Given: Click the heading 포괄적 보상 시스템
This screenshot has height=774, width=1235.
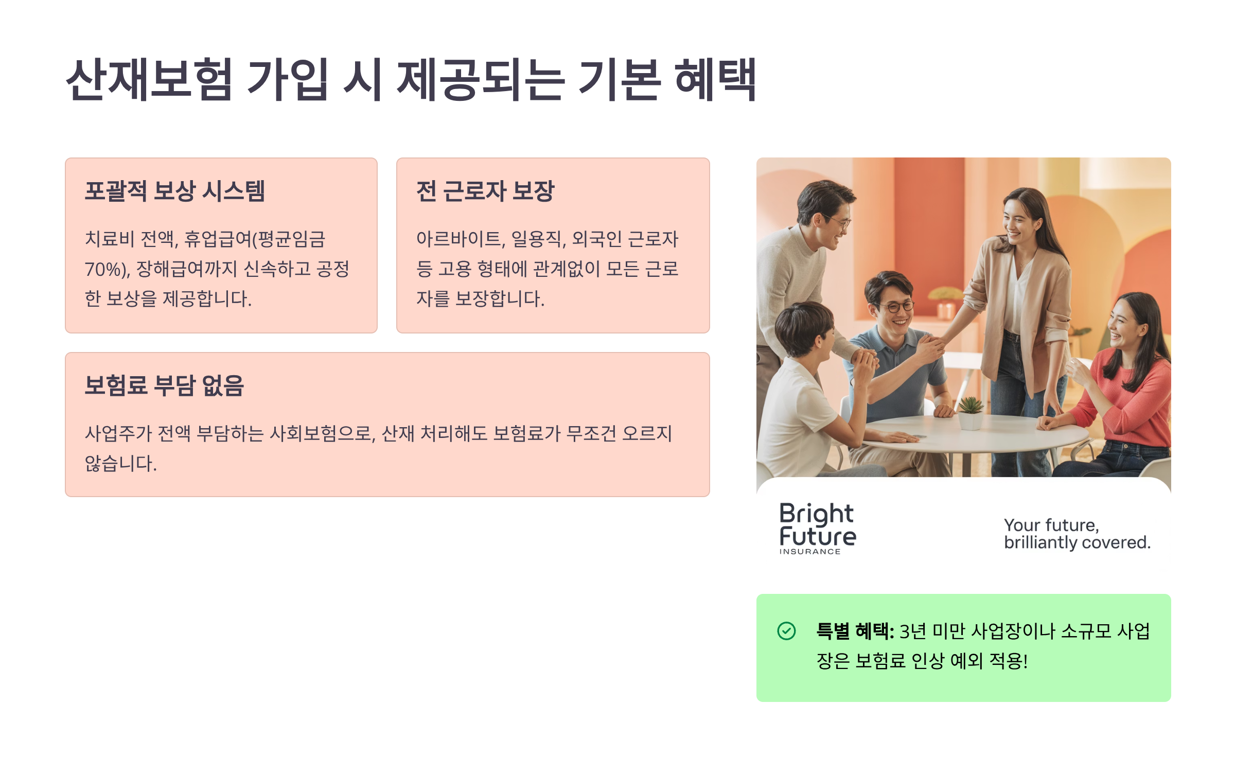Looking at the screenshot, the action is [x=175, y=191].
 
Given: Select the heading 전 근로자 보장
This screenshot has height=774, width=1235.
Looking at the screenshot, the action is [x=485, y=191].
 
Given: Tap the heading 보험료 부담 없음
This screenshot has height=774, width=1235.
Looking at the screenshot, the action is [x=164, y=385].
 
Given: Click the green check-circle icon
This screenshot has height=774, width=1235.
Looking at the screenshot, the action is [x=786, y=631].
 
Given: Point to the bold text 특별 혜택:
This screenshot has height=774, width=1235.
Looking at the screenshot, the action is [x=855, y=631].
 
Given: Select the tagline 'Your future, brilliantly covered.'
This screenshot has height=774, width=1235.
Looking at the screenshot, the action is [x=1077, y=534].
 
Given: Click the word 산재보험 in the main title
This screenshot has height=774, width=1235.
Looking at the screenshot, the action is [x=149, y=79].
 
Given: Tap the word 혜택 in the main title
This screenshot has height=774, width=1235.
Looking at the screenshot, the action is [x=715, y=79].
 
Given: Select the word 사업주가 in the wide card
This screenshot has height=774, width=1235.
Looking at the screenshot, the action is [x=118, y=434].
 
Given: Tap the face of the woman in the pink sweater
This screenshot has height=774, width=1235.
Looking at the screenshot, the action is [x=1125, y=325].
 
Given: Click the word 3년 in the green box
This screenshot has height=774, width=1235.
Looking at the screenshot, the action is [x=913, y=631].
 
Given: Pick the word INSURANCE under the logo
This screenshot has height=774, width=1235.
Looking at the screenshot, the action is [x=810, y=552].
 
